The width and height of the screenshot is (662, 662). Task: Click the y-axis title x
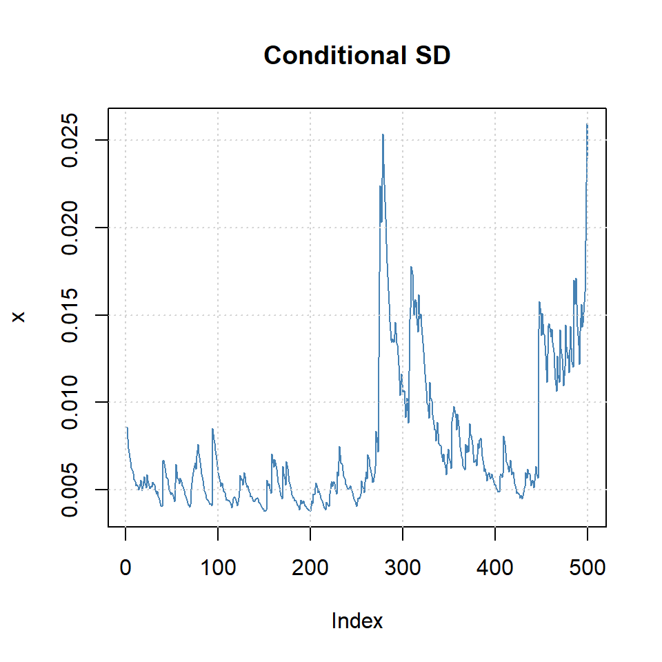(19, 317)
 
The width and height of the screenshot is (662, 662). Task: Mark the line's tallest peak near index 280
(383, 135)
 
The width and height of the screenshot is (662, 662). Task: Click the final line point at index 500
(587, 125)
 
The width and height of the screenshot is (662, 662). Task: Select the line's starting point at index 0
(126, 428)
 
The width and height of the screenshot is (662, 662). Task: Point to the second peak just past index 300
(411, 267)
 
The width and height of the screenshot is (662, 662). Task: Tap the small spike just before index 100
(212, 429)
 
